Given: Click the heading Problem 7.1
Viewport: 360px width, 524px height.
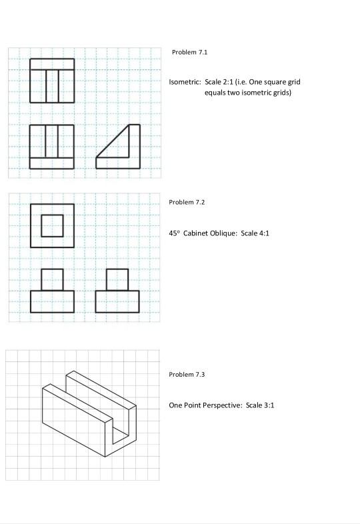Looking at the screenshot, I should [185, 52].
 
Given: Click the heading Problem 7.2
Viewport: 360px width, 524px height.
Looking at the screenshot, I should [185, 201].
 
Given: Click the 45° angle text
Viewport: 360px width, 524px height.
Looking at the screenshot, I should [175, 233].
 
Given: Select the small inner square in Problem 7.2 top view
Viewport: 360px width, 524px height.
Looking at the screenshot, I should [52, 225].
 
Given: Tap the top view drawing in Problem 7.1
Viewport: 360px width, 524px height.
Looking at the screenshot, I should [52, 81].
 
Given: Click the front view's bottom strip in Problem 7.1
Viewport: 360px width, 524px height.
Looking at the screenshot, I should [52, 163].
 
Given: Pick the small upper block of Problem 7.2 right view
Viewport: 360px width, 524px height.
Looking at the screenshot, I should [117, 279].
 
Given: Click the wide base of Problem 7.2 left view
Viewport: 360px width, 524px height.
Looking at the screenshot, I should [52, 301].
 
